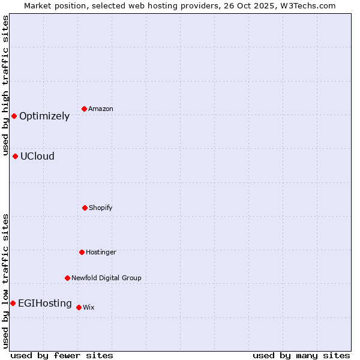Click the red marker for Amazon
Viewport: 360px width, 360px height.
(x=85, y=109)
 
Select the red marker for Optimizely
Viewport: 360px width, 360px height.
(x=14, y=116)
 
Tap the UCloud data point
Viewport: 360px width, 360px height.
(x=16, y=156)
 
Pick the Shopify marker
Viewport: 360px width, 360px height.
(x=85, y=208)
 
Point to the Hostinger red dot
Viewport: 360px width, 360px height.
(x=82, y=252)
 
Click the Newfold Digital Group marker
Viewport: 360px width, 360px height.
(x=67, y=278)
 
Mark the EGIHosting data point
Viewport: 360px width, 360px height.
(x=13, y=303)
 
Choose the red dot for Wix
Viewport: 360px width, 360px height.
(x=79, y=307)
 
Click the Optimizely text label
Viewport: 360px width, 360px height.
(x=44, y=116)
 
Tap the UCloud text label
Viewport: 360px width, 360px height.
(x=37, y=157)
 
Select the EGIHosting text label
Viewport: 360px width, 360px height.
(x=45, y=304)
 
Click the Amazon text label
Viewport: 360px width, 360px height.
(x=101, y=109)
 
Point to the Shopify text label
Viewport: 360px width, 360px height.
(x=101, y=208)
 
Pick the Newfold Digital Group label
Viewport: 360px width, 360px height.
(x=106, y=278)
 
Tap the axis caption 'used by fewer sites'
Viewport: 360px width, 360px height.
(x=62, y=355)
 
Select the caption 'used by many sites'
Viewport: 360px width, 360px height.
(x=301, y=355)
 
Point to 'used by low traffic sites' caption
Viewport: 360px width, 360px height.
(x=6, y=281)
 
